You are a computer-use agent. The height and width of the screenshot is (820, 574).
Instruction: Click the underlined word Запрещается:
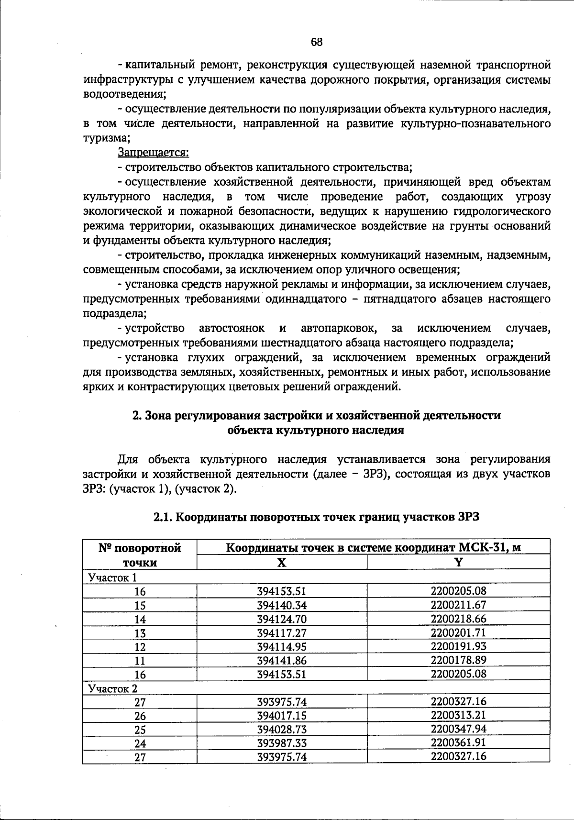tap(153, 153)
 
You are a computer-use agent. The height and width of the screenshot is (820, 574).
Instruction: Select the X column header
tap(282, 562)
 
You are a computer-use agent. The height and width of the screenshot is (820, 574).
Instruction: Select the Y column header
tap(458, 562)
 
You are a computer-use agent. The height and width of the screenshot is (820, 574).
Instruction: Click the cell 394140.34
tap(282, 605)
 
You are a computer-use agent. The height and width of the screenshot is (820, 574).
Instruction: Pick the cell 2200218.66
tap(458, 619)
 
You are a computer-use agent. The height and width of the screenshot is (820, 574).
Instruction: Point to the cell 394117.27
tap(282, 633)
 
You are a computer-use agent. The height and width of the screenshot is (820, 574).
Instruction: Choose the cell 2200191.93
tap(458, 646)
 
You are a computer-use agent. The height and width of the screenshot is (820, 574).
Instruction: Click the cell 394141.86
tap(282, 661)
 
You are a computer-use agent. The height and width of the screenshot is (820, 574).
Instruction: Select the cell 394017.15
tap(282, 716)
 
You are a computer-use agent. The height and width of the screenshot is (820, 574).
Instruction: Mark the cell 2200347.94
tap(458, 729)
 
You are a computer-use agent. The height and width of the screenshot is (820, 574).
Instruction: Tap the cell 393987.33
tap(282, 743)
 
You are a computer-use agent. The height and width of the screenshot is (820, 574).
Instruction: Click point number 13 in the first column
tap(140, 633)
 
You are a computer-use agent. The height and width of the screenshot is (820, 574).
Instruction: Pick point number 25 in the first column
tap(140, 730)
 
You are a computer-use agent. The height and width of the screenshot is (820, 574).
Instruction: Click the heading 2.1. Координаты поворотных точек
tap(316, 517)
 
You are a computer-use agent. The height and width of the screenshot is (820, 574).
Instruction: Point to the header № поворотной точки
tap(140, 555)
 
